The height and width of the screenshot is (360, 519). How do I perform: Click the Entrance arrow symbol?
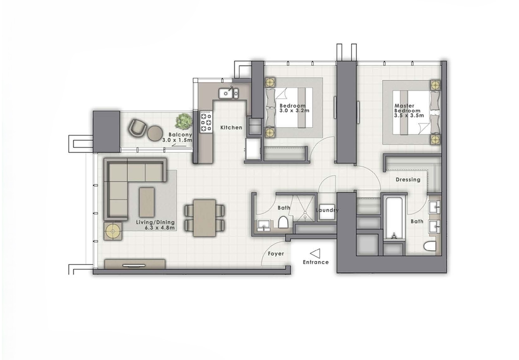315,253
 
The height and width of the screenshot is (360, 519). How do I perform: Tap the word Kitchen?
231,127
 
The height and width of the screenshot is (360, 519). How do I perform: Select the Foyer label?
276,254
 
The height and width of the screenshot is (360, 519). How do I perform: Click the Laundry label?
327,210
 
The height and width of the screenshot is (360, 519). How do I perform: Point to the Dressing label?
408,180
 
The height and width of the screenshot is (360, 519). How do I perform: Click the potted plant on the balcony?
183,121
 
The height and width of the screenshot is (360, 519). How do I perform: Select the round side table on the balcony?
154,133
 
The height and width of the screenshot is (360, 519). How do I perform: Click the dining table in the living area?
204,218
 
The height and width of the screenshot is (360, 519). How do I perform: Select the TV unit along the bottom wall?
135,264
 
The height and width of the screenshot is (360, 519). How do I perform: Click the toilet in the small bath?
283,224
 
